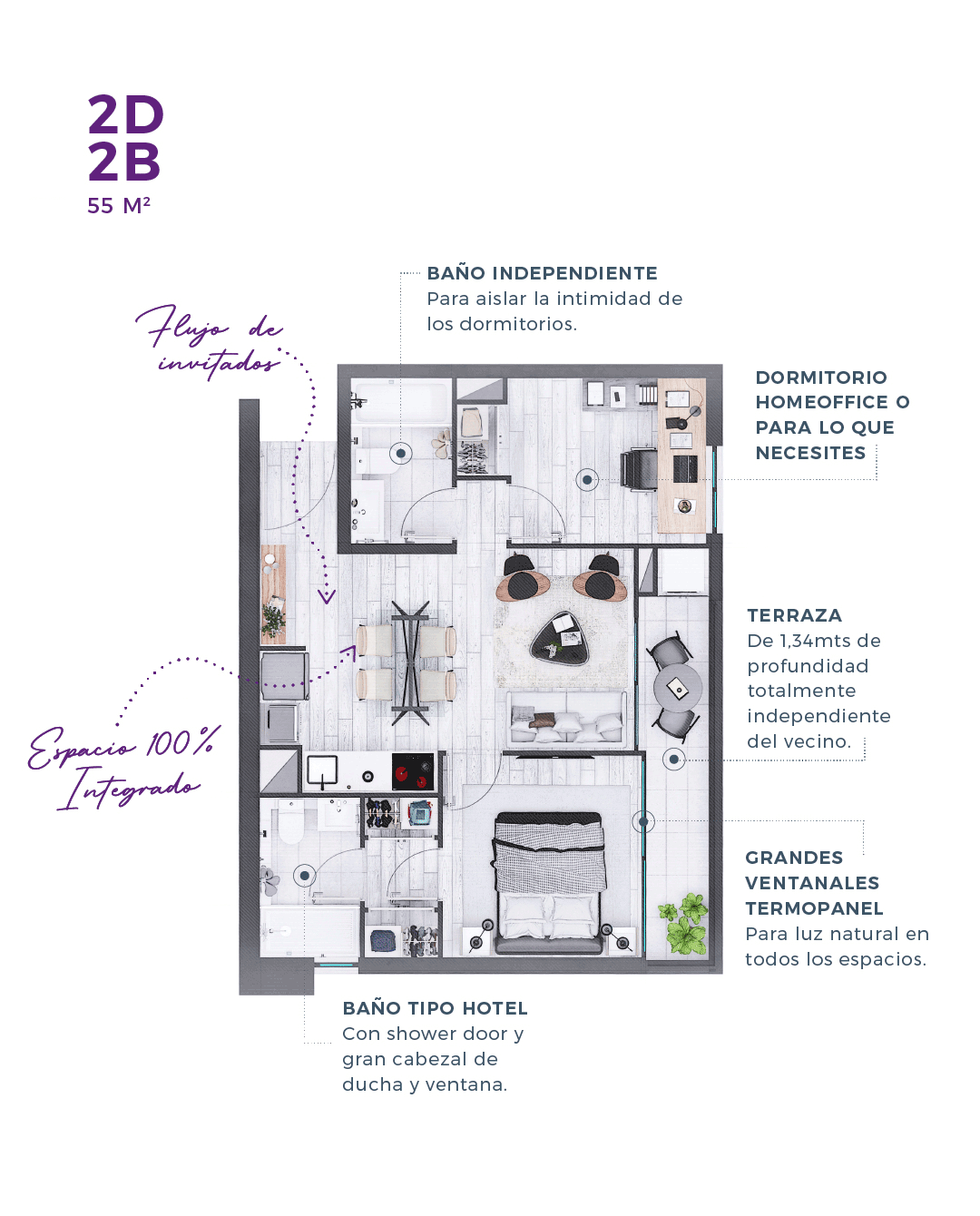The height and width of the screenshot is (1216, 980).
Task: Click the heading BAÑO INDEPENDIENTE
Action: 542,273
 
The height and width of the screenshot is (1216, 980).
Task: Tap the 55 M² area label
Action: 119,206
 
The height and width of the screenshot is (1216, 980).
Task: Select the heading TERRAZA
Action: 794,615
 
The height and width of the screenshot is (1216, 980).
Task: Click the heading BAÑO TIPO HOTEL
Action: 435,1008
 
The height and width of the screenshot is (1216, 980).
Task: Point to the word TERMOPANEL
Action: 814,908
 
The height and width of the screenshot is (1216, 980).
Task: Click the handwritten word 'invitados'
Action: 220,363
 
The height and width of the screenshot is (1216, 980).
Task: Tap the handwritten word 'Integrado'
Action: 129,788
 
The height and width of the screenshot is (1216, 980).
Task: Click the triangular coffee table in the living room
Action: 560,638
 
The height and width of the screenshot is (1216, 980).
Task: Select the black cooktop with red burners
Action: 413,772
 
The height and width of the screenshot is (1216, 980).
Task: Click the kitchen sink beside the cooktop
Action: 322,770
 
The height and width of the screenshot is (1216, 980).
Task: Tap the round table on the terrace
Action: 678,688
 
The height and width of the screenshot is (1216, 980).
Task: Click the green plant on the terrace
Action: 684,923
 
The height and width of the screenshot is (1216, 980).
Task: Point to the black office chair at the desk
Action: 638,469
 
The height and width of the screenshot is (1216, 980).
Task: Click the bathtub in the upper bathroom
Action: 400,403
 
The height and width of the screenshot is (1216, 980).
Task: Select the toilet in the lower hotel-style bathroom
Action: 290,822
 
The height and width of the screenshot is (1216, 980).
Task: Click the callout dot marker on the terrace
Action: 673,760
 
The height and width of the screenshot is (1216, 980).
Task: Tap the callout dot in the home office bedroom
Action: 587,480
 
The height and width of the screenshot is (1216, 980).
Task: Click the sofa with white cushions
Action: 567,719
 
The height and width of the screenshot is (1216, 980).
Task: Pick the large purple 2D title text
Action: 125,114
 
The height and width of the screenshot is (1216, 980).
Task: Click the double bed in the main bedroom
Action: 548,884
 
